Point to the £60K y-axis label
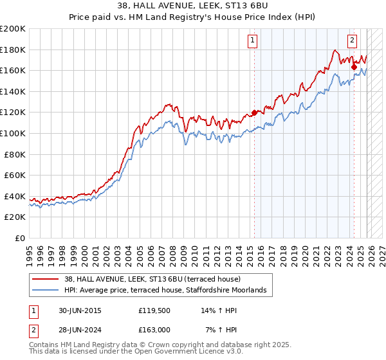tap(15, 175)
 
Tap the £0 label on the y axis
tap(19, 238)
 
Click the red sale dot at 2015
tap(254, 113)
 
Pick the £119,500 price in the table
tap(154, 310)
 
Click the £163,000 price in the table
tap(154, 329)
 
